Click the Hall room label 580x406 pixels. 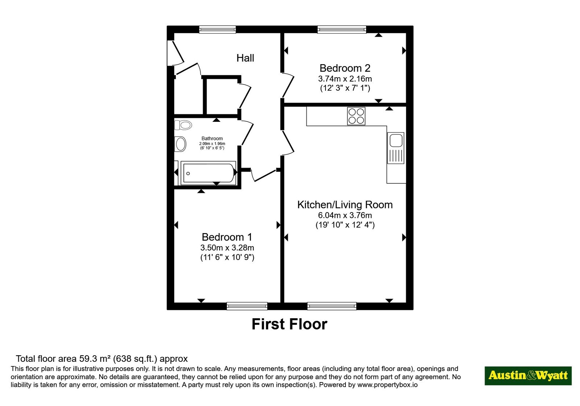(245, 58)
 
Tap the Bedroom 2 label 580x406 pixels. (345, 68)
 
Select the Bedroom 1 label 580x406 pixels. (227, 237)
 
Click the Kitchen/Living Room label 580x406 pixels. (345, 204)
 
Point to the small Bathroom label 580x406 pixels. (212, 138)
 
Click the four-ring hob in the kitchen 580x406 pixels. (356, 116)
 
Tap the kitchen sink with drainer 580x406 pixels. (395, 148)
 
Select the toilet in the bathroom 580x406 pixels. (183, 125)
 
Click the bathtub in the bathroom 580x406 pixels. (208, 173)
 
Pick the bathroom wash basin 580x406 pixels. (181, 144)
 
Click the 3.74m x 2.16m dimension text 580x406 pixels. (345, 78)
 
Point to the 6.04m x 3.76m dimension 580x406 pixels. (345, 215)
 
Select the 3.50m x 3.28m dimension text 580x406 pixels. (227, 248)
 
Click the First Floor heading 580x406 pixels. (290, 324)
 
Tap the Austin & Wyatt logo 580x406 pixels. (528, 376)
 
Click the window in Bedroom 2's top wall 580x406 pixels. (342, 29)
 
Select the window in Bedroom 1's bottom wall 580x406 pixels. (247, 306)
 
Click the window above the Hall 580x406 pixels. (217, 29)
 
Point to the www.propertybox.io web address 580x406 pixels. (388, 385)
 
